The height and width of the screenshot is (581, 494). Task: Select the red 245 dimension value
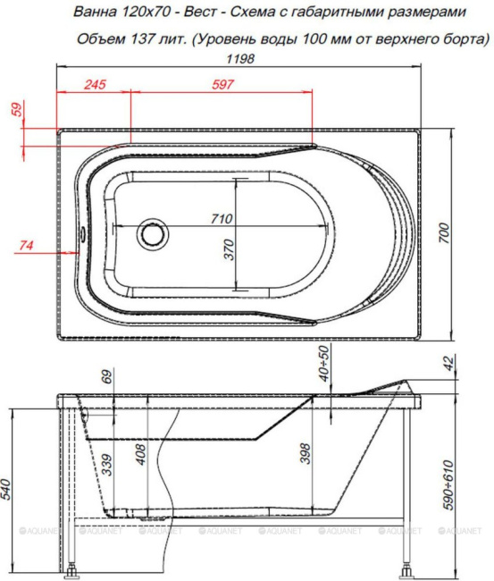coord(95,85)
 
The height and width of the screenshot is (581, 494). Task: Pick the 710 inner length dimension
coord(222,218)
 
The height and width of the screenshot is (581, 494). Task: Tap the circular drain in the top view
coord(152,234)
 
